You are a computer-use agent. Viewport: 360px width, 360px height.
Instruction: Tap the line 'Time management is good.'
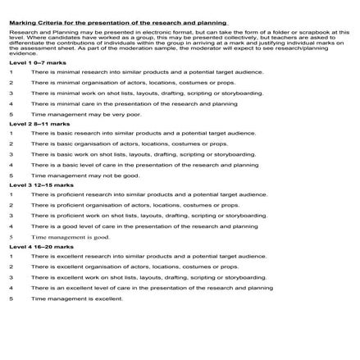click(x=70, y=237)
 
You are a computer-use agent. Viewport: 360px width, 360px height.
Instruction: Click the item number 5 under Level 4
click(x=12, y=298)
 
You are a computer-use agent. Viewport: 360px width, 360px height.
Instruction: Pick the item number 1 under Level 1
click(x=12, y=73)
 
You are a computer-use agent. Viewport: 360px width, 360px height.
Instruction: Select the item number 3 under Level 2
click(x=12, y=154)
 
